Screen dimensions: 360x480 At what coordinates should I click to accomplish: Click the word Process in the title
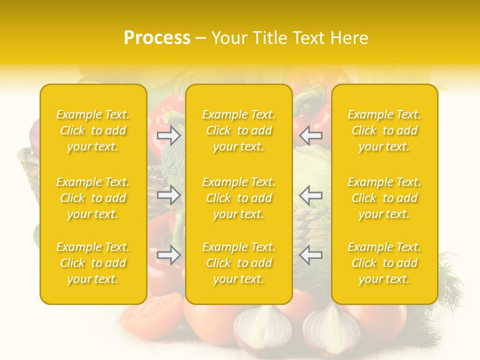point(157,38)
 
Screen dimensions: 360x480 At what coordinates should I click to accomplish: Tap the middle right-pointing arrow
point(168,195)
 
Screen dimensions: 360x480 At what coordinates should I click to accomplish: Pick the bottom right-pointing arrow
point(168,255)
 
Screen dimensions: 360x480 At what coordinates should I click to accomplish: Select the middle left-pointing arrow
point(311,195)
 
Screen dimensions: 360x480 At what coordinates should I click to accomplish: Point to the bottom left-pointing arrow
point(311,255)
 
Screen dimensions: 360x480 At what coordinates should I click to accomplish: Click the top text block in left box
point(93,130)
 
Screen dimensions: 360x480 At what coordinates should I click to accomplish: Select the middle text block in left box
point(93,198)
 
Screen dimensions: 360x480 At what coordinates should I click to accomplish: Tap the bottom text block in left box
point(93,263)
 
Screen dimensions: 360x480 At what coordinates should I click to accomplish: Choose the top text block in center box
point(239,130)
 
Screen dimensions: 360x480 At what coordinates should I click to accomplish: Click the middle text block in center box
point(239,198)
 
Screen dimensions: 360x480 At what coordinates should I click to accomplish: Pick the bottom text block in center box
point(239,263)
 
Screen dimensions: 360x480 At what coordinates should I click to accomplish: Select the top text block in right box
point(384,130)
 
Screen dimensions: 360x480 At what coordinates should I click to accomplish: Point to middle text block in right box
point(384,198)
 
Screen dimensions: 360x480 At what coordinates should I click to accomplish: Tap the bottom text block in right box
point(384,263)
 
